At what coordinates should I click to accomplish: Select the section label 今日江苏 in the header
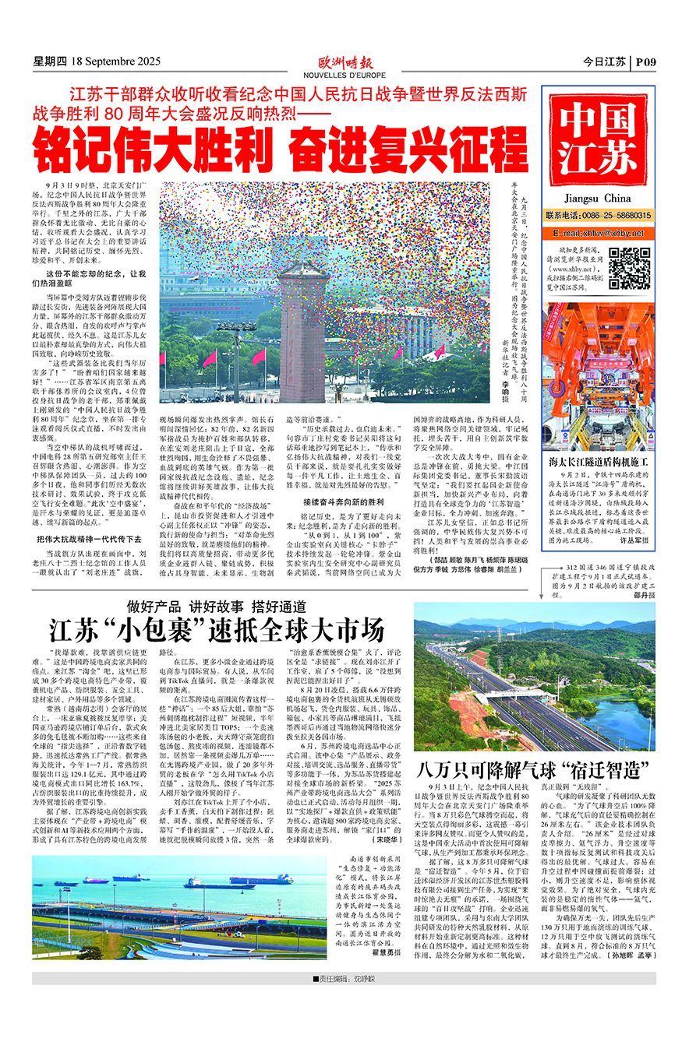point(604,62)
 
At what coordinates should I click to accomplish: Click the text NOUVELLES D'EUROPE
point(344,76)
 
